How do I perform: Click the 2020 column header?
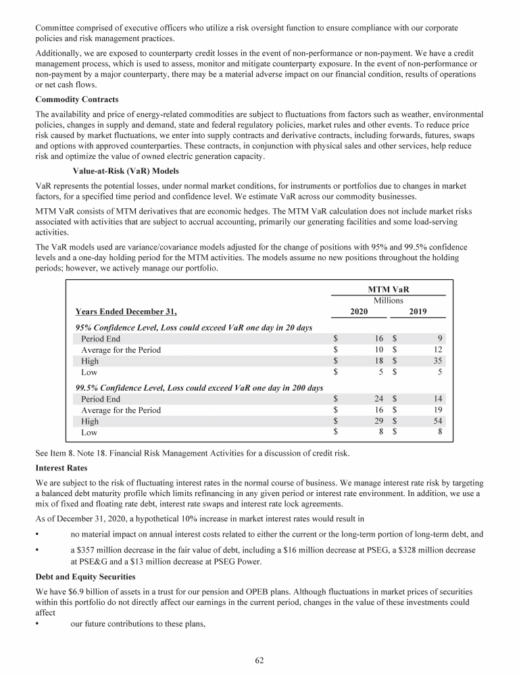coord(359,312)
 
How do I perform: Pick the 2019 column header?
coord(418,312)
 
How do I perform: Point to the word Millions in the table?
coord(388,300)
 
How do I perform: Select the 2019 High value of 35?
coord(437,361)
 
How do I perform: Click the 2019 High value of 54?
coord(437,421)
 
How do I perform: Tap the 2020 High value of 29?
coord(378,421)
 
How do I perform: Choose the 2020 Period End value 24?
coord(378,399)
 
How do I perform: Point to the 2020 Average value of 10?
coord(378,350)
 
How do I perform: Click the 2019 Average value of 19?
coord(437,410)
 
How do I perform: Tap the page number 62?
coord(259,660)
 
